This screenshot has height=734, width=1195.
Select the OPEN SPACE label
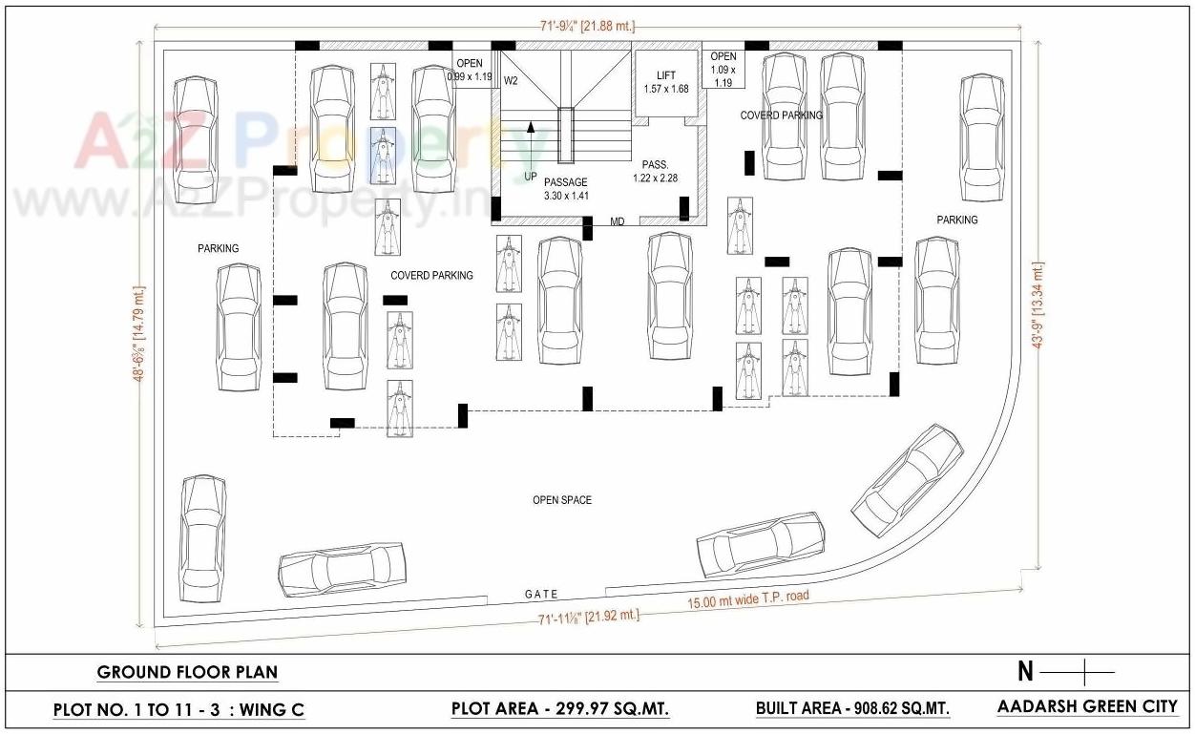[x=562, y=500]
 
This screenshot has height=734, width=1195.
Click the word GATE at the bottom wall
[x=541, y=594]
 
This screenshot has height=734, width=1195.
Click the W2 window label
[x=511, y=80]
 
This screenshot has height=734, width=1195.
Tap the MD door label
[x=618, y=222]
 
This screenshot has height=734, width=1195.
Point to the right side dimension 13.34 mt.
[x=1039, y=305]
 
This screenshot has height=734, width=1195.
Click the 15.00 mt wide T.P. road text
[x=748, y=599]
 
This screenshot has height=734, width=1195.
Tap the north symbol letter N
[x=1025, y=672]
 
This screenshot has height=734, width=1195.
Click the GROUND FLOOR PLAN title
[x=187, y=672]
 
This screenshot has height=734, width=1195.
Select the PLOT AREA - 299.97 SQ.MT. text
[x=559, y=708]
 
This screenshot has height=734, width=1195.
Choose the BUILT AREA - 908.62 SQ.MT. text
[x=852, y=708]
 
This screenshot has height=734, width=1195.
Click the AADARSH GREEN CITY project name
[x=1087, y=706]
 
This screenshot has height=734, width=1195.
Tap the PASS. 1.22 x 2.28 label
[x=655, y=171]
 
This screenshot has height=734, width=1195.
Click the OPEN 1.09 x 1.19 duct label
[x=723, y=69]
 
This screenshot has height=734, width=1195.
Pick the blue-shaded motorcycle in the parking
[x=383, y=155]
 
